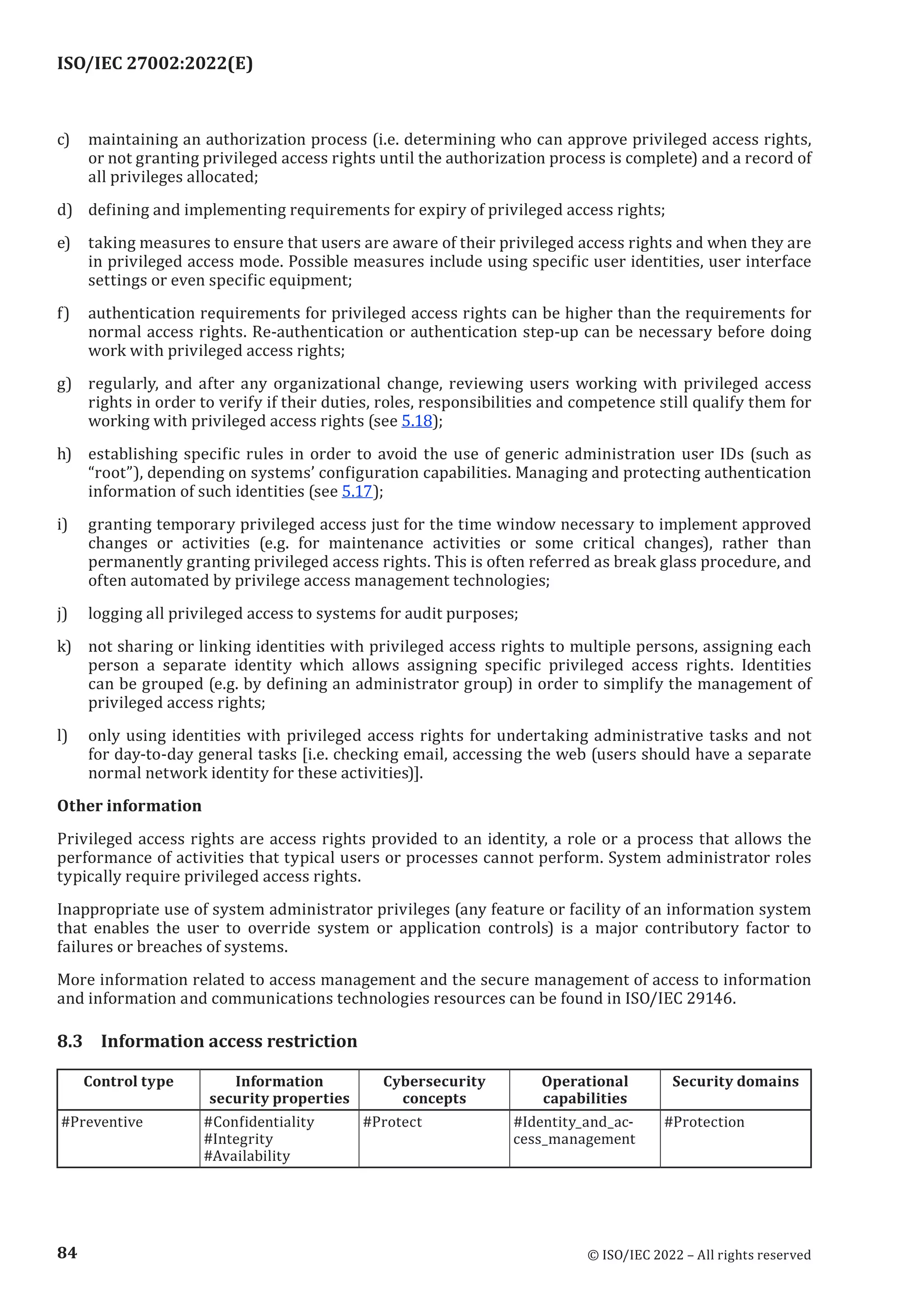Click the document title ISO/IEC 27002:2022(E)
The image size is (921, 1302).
pos(155,63)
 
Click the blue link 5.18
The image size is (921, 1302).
pos(416,421)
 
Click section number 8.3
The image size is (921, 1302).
pos(70,1041)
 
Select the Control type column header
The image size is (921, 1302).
pos(128,1081)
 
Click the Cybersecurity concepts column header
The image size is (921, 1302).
pos(434,1089)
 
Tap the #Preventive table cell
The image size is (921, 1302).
pos(102,1122)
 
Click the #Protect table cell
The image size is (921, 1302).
pos(393,1122)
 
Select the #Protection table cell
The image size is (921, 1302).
pos(704,1122)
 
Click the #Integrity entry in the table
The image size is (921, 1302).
pos(238,1139)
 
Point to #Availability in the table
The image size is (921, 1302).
pos(247,1156)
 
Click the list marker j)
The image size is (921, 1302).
pos(63,614)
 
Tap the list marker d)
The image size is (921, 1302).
pos(64,210)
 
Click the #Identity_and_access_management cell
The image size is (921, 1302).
pos(574,1130)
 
